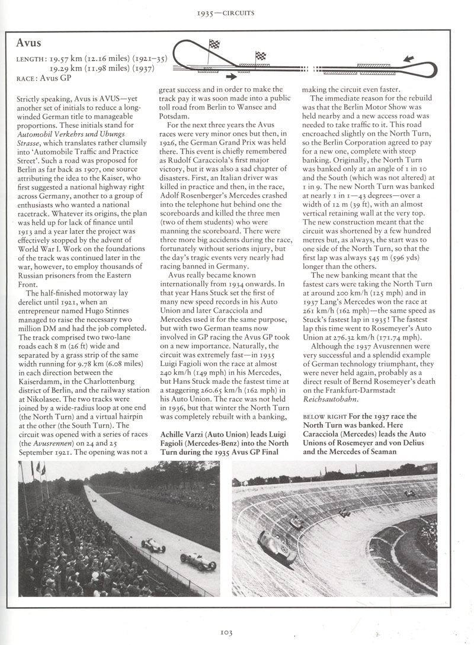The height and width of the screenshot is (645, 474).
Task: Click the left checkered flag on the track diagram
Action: (x=213, y=45)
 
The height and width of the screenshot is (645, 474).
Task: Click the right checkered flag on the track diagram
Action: (x=260, y=56)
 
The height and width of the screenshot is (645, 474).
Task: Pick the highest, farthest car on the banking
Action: (x=409, y=493)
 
